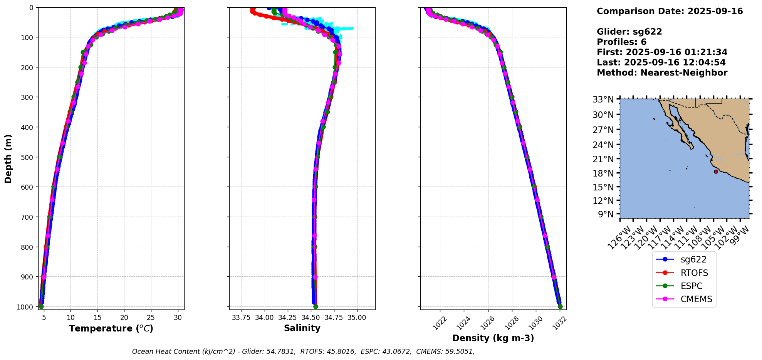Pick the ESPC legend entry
tap(692, 286)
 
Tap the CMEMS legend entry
tap(696, 299)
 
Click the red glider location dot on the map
tap(716, 172)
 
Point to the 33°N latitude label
tap(603, 100)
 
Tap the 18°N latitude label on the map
tap(603, 173)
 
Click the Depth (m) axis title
tap(8, 158)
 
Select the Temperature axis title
tap(111, 328)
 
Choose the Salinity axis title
tap(302, 328)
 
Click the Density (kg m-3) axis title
tap(493, 338)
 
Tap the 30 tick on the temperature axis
tap(178, 318)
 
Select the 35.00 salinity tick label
tap(357, 318)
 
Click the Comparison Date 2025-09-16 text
tap(670, 11)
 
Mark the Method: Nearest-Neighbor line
tap(662, 72)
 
